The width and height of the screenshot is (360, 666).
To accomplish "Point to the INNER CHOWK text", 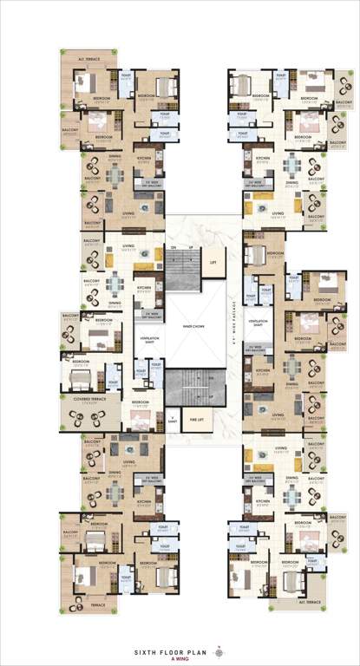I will (194, 326).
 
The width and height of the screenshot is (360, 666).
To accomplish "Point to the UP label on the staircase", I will (188, 248).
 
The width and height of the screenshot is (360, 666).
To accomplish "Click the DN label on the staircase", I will (173, 248).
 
